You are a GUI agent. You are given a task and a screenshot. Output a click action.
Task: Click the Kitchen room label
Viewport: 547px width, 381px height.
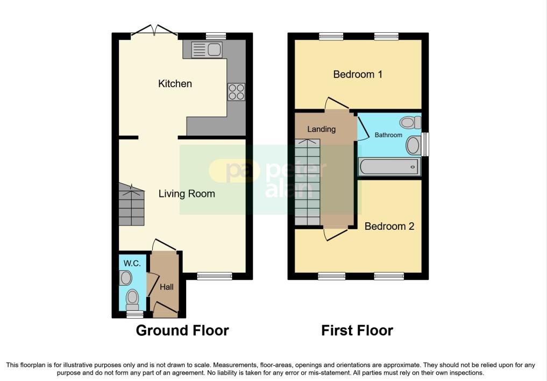click(175, 84)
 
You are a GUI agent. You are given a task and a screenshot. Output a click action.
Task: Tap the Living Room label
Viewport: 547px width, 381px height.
click(187, 194)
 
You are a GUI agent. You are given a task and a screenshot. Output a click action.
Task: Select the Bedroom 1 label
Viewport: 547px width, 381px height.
click(358, 74)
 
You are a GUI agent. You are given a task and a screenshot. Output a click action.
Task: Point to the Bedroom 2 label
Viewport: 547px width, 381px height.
click(389, 226)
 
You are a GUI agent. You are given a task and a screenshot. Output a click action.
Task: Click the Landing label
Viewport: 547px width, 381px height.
click(321, 130)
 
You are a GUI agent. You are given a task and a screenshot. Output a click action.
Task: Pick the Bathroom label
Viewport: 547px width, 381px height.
click(388, 135)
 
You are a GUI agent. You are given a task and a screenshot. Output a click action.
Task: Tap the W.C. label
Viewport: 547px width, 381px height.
click(132, 264)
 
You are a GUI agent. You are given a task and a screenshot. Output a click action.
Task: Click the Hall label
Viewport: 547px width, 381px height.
click(166, 287)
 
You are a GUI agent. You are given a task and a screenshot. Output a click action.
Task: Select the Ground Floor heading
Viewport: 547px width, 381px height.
click(182, 330)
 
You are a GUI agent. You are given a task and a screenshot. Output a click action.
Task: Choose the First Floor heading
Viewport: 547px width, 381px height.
click(357, 330)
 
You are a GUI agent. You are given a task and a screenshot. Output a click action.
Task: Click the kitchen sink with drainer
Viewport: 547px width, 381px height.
click(207, 50)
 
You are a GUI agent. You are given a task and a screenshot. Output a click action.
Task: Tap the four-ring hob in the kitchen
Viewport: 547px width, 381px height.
click(236, 92)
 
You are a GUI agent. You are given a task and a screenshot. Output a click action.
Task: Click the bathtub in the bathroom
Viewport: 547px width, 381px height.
click(389, 167)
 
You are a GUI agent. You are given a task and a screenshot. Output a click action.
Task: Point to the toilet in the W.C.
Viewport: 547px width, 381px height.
click(132, 300)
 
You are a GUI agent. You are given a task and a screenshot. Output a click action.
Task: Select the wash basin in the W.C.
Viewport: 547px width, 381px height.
click(125, 278)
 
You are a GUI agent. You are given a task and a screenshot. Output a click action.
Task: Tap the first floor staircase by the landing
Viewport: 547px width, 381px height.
click(307, 182)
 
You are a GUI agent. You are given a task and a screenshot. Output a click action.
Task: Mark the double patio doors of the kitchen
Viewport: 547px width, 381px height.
click(154, 31)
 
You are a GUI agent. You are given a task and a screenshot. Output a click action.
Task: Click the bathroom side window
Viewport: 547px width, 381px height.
click(425, 144)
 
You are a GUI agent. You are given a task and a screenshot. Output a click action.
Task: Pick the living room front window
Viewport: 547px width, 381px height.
click(215, 276)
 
